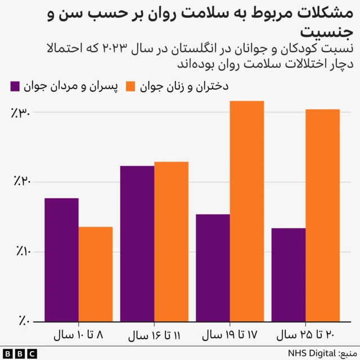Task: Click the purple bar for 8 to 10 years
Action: point(61,260)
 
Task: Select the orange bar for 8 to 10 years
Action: point(96,274)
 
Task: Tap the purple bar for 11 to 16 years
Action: point(137,244)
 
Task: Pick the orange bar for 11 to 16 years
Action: point(172,242)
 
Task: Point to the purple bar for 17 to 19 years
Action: point(213,268)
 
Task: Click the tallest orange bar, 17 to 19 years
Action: point(247,211)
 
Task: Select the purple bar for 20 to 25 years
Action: point(288,274)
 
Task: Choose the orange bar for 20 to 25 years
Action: point(323,215)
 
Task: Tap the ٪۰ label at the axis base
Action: point(24,321)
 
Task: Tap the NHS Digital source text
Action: point(322,353)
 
